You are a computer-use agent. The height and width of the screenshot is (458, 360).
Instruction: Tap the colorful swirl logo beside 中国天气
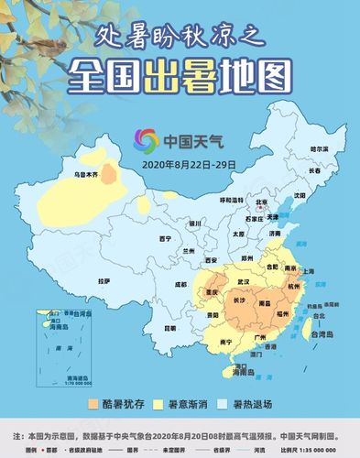pyautogui.click(x=146, y=141)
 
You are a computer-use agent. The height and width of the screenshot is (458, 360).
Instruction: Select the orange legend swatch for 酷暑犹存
pyautogui.click(x=93, y=404)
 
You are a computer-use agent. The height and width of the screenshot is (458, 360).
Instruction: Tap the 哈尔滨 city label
pyautogui.click(x=319, y=148)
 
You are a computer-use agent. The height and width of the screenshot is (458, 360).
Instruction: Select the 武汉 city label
pyautogui.click(x=244, y=280)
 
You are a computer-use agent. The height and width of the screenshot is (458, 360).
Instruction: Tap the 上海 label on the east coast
pyautogui.click(x=308, y=271)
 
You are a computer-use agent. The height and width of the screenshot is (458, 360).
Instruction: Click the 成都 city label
pyautogui.click(x=180, y=285)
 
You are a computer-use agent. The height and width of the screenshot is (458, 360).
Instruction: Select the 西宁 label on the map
pyautogui.click(x=165, y=239)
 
